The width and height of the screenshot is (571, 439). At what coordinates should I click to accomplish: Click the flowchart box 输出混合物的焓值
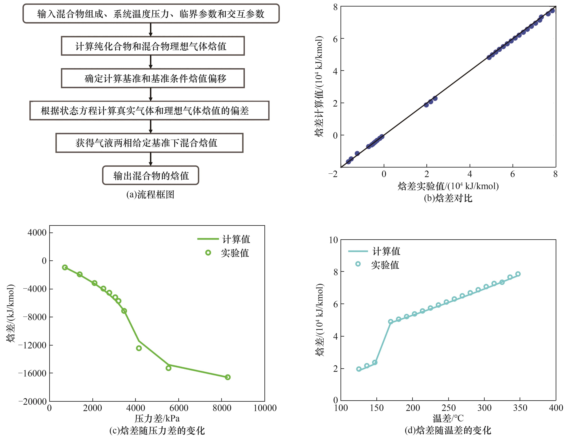click(151, 175)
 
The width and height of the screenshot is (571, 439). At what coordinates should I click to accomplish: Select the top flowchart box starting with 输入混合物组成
click(151, 14)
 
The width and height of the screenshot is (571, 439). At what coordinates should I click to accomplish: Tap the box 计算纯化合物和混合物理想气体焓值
click(153, 46)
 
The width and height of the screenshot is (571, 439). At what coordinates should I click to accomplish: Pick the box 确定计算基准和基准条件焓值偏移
click(153, 78)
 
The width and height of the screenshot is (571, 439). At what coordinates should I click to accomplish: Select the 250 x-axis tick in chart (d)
click(448, 408)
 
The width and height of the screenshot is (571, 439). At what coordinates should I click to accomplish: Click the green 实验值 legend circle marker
click(208, 253)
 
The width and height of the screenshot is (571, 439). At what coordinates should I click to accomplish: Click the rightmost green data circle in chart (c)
click(228, 377)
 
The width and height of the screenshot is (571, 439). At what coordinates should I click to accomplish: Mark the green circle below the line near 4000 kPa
click(139, 348)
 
